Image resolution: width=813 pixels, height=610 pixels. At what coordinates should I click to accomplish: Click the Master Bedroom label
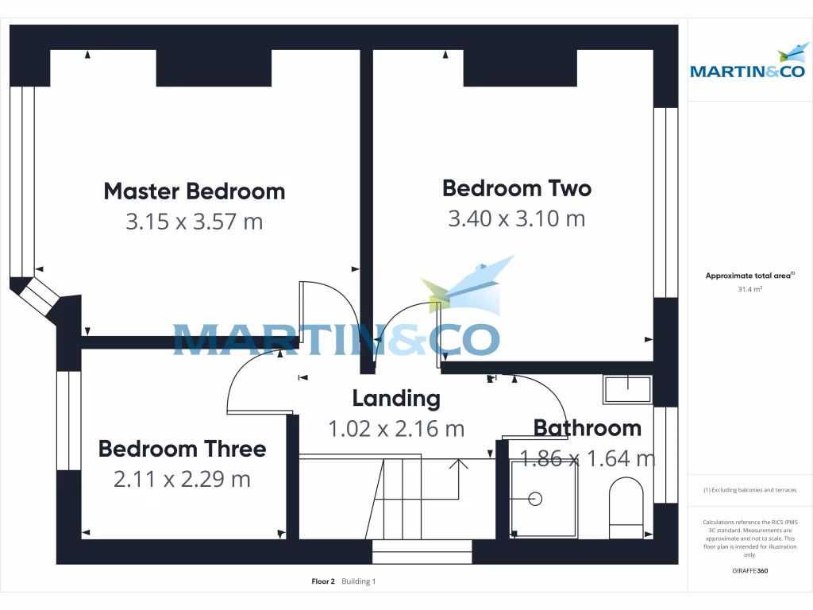(x=194, y=191)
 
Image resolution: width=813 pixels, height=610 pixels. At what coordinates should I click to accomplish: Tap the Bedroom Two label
(x=516, y=188)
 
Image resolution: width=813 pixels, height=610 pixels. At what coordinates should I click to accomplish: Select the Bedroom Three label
(x=182, y=449)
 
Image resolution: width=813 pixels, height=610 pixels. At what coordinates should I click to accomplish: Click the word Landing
(x=395, y=398)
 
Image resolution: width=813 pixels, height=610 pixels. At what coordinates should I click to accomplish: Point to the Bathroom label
(x=587, y=428)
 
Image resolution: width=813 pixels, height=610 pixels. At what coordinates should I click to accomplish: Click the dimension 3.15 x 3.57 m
(x=194, y=222)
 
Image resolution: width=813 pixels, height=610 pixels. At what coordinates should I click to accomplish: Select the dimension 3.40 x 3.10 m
(x=516, y=218)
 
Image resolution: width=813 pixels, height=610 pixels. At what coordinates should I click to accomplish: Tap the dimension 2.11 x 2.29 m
(x=182, y=479)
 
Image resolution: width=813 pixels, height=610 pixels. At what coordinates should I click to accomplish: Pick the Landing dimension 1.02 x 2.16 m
(x=395, y=429)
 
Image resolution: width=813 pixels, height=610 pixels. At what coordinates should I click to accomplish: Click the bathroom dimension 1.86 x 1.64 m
(x=587, y=459)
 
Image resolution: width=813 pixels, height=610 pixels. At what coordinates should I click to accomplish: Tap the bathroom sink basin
(x=627, y=390)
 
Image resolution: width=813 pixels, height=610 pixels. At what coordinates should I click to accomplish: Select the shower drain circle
(x=535, y=499)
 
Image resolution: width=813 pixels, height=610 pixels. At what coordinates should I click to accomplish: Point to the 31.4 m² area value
(x=749, y=290)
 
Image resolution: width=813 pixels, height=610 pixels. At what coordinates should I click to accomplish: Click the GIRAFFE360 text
(x=749, y=570)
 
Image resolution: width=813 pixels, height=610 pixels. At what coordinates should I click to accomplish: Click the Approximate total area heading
(x=749, y=276)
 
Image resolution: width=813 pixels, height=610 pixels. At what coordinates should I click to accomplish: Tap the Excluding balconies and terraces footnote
(x=749, y=490)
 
